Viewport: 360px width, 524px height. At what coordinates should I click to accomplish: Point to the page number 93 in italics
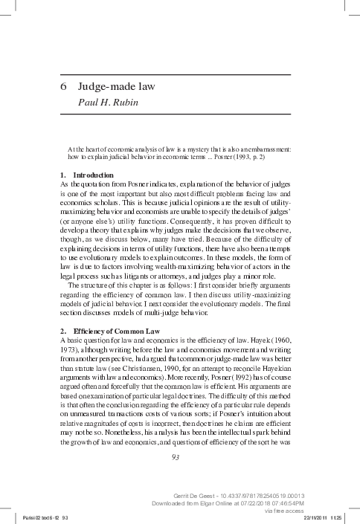176,456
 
